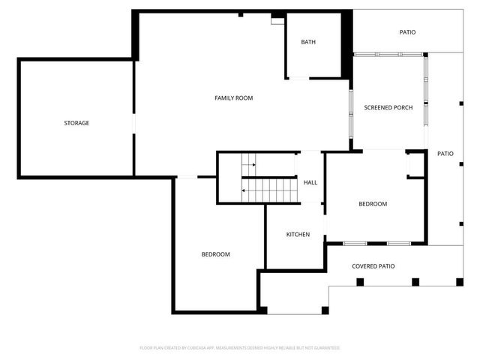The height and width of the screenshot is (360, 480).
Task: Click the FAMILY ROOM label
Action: (x=233, y=98)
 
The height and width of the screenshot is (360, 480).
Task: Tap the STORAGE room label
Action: (x=76, y=123)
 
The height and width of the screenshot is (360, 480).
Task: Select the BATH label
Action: (x=308, y=42)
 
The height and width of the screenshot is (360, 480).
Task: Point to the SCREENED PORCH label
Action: (x=388, y=108)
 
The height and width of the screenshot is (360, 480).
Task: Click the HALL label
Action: (x=310, y=182)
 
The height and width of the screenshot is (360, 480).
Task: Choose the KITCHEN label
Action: (x=298, y=235)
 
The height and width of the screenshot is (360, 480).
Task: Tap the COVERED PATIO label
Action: (x=373, y=266)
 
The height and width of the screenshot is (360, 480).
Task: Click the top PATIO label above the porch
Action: (x=407, y=32)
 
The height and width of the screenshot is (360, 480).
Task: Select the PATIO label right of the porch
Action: (x=445, y=154)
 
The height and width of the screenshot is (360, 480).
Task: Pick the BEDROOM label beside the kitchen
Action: (x=215, y=254)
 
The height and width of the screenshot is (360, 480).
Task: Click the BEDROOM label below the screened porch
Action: (x=373, y=204)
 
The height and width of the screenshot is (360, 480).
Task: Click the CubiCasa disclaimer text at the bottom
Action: (x=240, y=348)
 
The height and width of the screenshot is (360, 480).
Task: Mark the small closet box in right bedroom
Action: (x=415, y=165)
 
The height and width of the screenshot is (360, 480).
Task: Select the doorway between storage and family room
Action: (x=134, y=124)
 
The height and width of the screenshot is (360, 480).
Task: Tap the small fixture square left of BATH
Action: (x=277, y=20)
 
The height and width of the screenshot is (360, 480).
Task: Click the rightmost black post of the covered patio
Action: (x=459, y=282)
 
